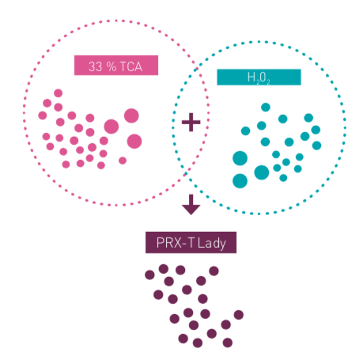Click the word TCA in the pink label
coord(131,66)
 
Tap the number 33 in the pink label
coord(95,66)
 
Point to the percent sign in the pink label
coord(112,66)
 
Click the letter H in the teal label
coord(251,78)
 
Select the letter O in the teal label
coord(263,78)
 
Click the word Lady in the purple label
coord(212,244)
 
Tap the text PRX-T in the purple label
coord(175,243)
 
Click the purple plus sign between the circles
coord(191,122)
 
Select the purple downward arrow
coord(191,205)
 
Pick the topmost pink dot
coord(59,93)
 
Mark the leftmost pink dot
coord(43,116)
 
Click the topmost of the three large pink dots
coord(131,116)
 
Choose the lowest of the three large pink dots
coord(134,142)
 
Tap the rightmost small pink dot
coord(123,161)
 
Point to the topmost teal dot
coord(266,108)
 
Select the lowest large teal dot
coord(240,181)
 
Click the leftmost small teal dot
coord(246,131)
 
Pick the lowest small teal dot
coord(283,178)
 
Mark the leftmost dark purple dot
coord(149,275)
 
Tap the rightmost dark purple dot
coord(239,315)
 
